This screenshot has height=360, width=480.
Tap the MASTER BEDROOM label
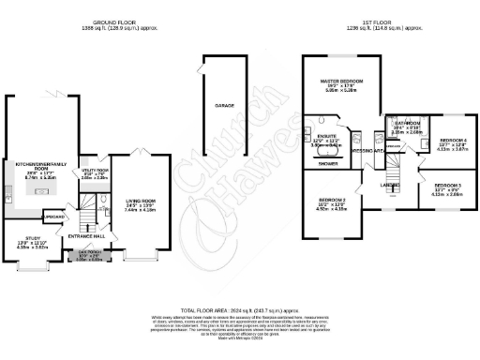341,82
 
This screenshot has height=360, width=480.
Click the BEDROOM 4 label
454,141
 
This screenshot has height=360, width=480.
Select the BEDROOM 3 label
448,186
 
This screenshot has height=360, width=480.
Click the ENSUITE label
327,136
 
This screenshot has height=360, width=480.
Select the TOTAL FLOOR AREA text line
240,307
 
